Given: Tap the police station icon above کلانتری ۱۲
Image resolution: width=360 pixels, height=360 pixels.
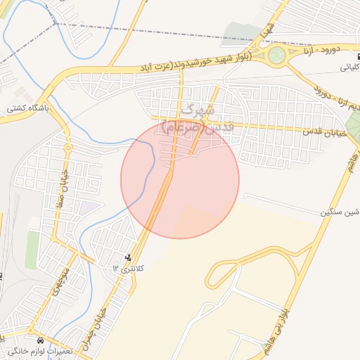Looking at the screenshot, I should click(127, 257).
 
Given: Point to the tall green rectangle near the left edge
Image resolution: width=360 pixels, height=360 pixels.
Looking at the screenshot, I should click(32, 250).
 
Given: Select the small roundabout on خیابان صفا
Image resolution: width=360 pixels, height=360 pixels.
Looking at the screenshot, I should click(68, 148).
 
